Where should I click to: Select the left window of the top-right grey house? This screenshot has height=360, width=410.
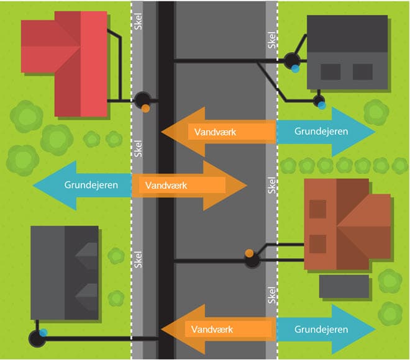coord(330,71)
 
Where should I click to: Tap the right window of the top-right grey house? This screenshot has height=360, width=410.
coord(362,71)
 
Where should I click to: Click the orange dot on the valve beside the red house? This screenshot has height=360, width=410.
coord(145,108)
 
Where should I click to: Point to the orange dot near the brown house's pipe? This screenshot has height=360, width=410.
coord(248,253)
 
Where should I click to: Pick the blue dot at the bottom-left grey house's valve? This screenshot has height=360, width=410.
coord(43,333)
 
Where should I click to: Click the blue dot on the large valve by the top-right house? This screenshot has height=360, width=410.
coord(296,69)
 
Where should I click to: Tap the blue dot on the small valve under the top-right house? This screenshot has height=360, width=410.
coord(321,106)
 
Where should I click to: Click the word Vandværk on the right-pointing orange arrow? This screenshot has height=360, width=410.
coord(166,185)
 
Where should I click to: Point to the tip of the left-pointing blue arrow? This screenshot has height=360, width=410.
coord(34,185)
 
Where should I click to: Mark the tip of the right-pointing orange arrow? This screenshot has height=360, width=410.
coord(247,185)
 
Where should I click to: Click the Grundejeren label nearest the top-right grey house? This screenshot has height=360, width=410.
coord(321,132)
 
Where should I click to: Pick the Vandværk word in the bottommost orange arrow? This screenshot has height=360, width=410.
coord(212,329)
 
